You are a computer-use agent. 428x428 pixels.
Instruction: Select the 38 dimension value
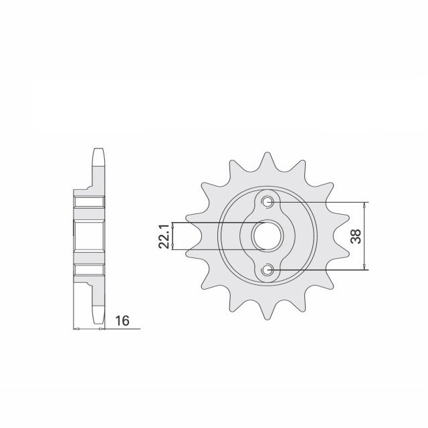[x=356, y=236]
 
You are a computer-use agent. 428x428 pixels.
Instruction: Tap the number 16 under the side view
[x=122, y=322]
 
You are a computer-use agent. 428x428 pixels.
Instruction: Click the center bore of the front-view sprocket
[x=267, y=236]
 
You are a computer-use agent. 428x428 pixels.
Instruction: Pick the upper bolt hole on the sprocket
[x=267, y=202]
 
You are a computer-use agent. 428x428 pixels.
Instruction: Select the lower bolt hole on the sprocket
[x=267, y=270]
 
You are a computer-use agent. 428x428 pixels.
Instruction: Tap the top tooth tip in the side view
[x=97, y=151]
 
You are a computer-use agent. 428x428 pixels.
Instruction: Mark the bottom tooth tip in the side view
[x=97, y=320]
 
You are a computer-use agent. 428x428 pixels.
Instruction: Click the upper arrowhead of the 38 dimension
[x=365, y=205]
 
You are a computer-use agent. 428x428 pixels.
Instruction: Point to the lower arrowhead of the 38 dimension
[x=365, y=267]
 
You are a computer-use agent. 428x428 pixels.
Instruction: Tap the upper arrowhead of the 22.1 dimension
[x=173, y=225]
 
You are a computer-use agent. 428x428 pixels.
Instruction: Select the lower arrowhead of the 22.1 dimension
[x=173, y=247]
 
